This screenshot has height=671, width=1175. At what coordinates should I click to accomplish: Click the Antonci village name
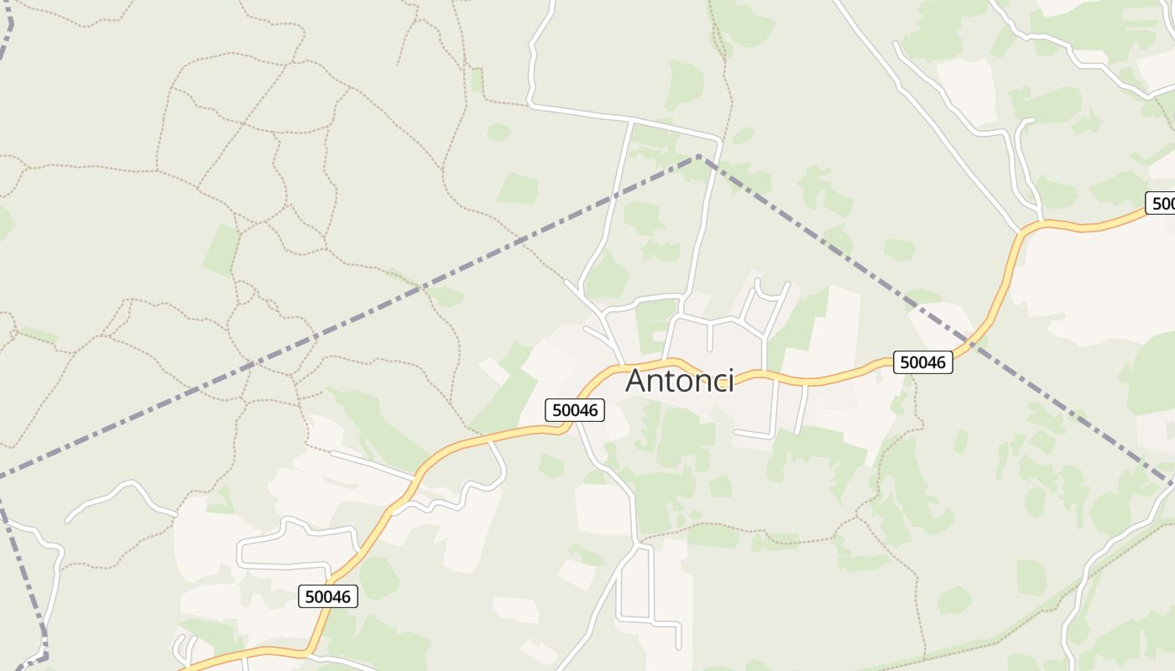[x=680, y=381]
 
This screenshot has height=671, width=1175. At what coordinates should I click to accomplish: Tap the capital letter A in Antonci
[x=638, y=381]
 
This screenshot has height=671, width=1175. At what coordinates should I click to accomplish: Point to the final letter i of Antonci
[x=730, y=381]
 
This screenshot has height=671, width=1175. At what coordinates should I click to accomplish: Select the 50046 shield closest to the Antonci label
[x=575, y=410]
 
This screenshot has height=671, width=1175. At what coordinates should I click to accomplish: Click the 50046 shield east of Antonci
[x=922, y=362]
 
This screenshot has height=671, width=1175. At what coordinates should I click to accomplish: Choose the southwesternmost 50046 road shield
[x=328, y=596]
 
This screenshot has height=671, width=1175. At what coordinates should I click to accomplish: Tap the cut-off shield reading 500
[x=1161, y=203]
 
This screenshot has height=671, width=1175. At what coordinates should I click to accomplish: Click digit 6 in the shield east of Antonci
[x=941, y=362]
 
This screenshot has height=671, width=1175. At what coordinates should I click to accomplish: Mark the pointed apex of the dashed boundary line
[x=698, y=156]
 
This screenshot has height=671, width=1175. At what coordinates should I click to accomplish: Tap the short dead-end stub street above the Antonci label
[x=710, y=335]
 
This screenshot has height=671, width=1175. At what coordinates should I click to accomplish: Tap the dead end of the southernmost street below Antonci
[x=678, y=647]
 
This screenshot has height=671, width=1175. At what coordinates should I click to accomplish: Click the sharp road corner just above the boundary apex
[x=719, y=138]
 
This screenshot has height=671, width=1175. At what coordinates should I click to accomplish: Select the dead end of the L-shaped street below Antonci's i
[x=736, y=433]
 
